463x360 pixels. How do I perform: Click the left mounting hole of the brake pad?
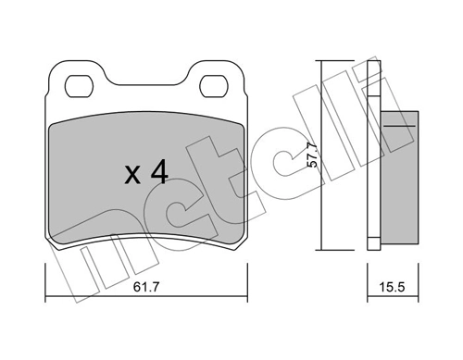point(77,85)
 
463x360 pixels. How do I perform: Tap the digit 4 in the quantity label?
point(157,172)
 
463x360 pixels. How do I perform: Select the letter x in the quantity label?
point(131,175)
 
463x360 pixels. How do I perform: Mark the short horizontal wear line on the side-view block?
point(399,123)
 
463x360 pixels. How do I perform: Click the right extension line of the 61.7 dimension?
point(247,282)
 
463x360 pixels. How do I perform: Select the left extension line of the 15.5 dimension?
point(369,282)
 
